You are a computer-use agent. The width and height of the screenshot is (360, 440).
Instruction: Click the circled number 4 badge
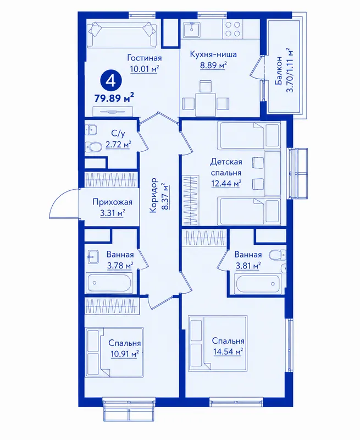pos(111,81)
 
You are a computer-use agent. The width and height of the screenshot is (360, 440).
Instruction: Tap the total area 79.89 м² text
pos(114,98)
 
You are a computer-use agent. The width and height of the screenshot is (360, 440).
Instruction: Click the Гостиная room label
pos(145,58)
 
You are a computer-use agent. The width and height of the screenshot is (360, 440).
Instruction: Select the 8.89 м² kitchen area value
pos(213,65)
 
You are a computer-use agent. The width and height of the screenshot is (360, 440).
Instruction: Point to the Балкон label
pos(279,70)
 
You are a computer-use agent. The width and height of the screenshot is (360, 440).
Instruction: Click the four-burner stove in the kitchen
pos(232,29)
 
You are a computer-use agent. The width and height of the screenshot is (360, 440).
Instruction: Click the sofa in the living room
pos(122,35)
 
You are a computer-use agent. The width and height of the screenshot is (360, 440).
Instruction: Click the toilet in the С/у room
pos(93,146)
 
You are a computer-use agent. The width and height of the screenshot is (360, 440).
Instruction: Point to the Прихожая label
pos(113,202)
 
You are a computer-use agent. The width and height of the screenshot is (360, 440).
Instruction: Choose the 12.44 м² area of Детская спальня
pos(226,184)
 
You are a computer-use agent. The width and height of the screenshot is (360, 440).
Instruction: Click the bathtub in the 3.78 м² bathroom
pos(109,283)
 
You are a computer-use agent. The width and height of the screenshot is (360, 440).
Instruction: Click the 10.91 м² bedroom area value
pos(124,354)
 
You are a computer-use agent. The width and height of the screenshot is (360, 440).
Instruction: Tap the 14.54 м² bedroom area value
pos(228,351)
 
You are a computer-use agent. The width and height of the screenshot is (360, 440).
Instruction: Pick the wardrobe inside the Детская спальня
pos(191,200)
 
